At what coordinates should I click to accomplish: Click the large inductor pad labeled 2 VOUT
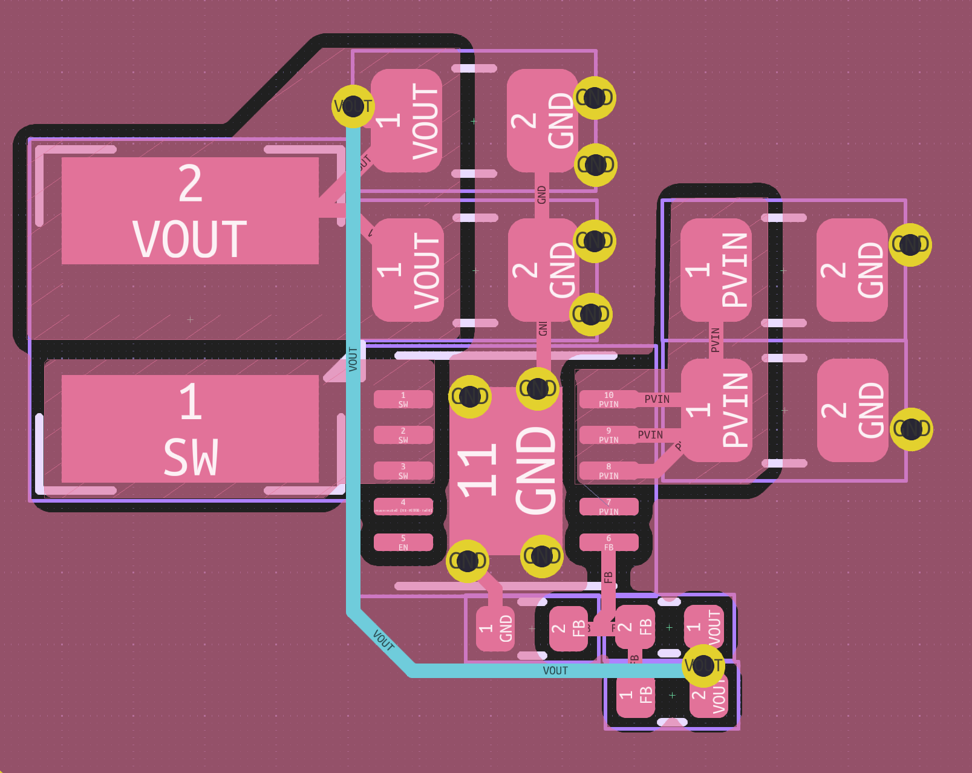[190, 210]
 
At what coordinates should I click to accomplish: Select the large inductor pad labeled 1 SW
[190, 428]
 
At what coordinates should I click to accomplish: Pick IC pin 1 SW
[403, 399]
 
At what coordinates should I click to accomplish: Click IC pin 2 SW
[403, 435]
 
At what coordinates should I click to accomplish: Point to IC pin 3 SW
[403, 471]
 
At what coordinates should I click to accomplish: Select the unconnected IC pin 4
[403, 506]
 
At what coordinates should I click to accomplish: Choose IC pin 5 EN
[403, 542]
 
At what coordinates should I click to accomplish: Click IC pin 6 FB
[608, 542]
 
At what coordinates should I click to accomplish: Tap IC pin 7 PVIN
[608, 506]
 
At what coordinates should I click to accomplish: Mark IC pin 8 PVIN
[608, 471]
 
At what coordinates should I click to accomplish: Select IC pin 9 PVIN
[608, 435]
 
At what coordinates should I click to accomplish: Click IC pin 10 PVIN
[608, 399]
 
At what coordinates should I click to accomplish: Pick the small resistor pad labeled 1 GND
[495, 628]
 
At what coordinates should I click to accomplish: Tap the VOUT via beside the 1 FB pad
[703, 665]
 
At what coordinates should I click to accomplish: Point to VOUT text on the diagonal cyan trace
[383, 640]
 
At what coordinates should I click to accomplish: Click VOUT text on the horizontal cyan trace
[555, 671]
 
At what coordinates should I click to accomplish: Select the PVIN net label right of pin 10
[657, 399]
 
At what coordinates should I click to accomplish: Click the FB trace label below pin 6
[608, 577]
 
